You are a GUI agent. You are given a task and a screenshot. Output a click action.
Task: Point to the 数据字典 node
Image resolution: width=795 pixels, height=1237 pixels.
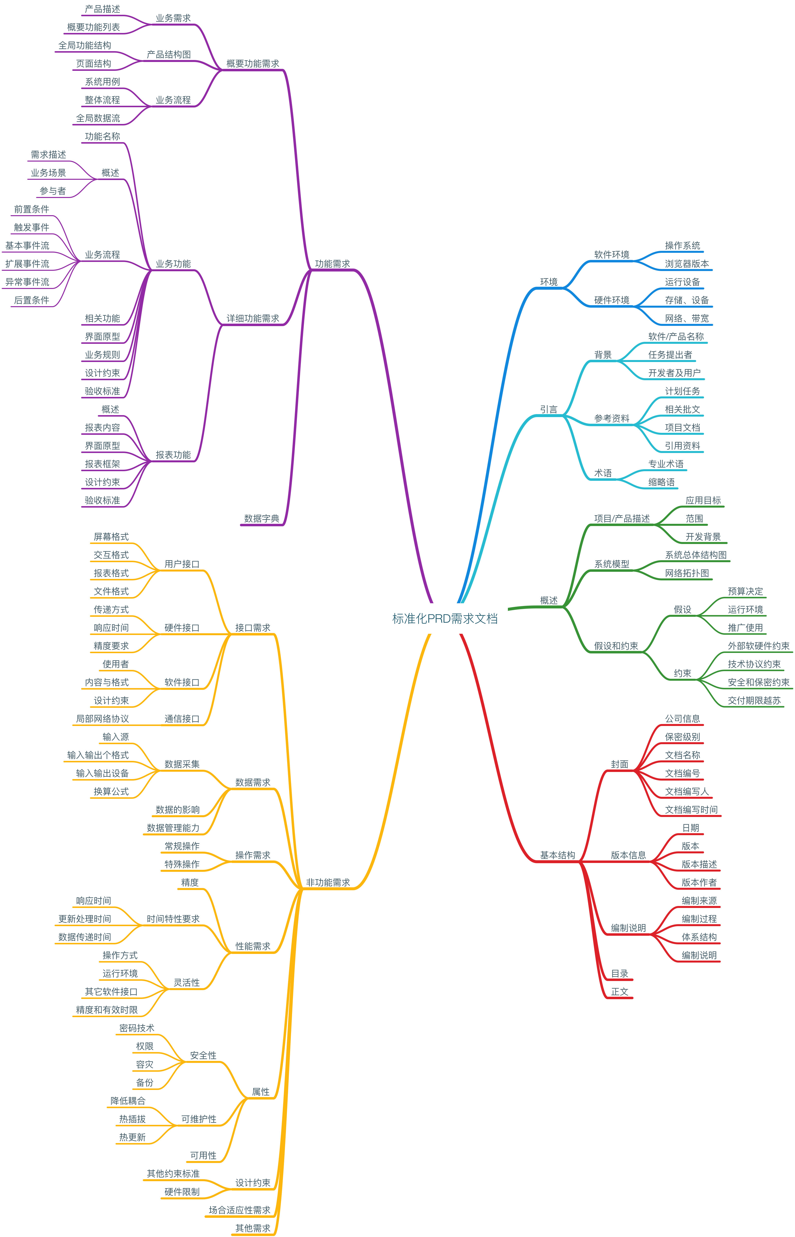(262, 518)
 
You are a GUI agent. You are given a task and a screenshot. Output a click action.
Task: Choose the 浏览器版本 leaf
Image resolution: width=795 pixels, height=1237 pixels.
(687, 264)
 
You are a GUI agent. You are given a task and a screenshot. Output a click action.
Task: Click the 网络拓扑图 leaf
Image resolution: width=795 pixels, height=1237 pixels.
(687, 573)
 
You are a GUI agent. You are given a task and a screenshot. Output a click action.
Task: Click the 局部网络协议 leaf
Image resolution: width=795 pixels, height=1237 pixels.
(102, 719)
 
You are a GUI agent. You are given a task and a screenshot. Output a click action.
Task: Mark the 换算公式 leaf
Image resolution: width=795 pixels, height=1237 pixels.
(111, 791)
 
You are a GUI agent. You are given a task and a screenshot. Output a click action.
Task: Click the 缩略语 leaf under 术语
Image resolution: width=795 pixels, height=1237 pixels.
(661, 482)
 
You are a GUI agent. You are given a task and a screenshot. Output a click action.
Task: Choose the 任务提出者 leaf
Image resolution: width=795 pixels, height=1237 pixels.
(670, 355)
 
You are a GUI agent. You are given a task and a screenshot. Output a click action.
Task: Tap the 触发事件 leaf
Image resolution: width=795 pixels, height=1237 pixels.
(31, 227)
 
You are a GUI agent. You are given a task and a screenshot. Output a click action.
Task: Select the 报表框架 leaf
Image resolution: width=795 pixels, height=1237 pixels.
(102, 464)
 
